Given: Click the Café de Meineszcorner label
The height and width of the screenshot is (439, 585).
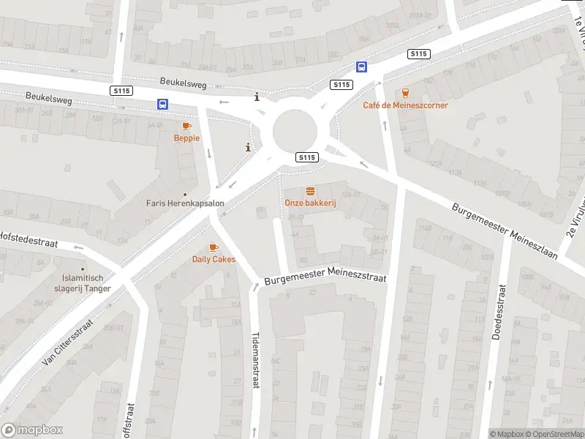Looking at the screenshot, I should point(405,105).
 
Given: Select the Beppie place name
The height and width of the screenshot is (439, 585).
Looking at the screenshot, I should point(186,138).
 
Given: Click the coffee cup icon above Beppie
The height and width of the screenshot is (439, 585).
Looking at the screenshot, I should point(186,126).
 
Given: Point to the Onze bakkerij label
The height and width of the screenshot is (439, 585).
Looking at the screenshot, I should point(310,203).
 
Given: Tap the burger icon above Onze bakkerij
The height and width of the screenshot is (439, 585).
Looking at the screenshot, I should point(310,191).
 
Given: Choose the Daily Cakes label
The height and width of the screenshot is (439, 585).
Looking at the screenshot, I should point(214,259).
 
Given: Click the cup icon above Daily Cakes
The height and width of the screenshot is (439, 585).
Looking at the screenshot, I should point(214,247).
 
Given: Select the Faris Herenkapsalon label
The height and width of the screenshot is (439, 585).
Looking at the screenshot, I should point(184,203).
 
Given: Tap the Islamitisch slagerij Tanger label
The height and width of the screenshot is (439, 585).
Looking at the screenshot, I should point(86,283).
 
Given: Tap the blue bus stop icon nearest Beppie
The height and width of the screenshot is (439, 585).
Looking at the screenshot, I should point(162,105).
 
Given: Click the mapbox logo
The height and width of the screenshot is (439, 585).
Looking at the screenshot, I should point(32,430).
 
